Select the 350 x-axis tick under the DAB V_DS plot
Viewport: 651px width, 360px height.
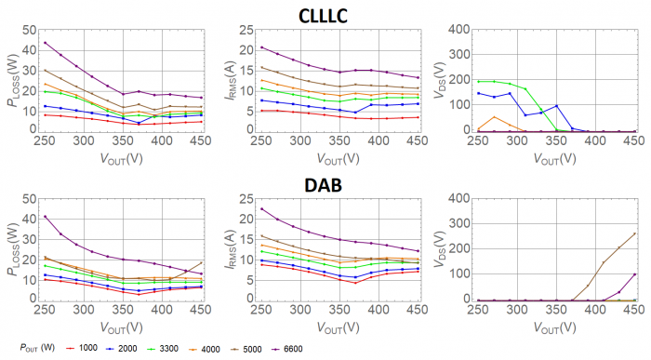click(555, 311)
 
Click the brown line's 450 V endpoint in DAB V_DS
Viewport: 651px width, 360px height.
click(634, 233)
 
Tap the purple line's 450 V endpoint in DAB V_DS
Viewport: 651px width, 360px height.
click(634, 274)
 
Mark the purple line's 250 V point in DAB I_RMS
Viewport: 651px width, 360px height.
click(261, 208)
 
